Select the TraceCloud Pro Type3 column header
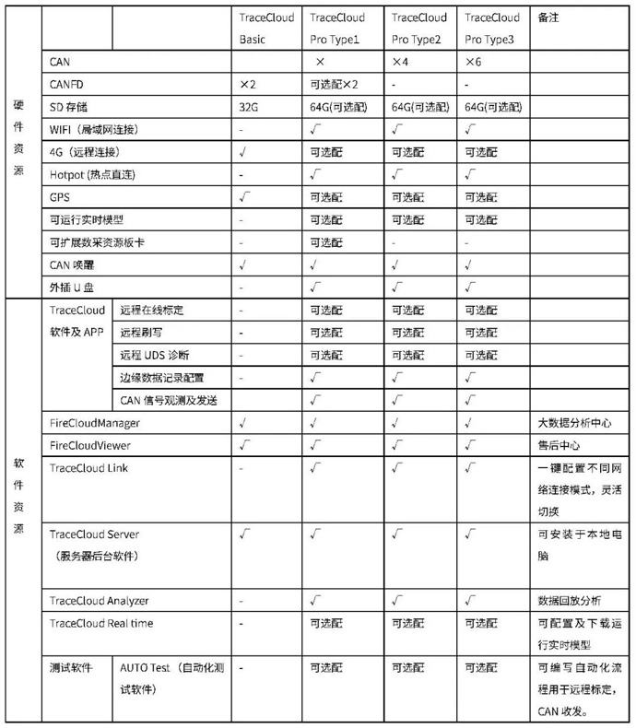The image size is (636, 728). (492, 28)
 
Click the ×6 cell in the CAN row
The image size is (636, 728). (474, 62)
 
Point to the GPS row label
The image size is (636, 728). (60, 196)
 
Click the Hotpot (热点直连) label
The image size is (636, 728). (95, 173)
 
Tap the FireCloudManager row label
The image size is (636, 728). (94, 422)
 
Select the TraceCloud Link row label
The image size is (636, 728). (88, 467)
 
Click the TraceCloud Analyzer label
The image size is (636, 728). (99, 601)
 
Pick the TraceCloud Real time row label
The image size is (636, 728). (100, 624)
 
